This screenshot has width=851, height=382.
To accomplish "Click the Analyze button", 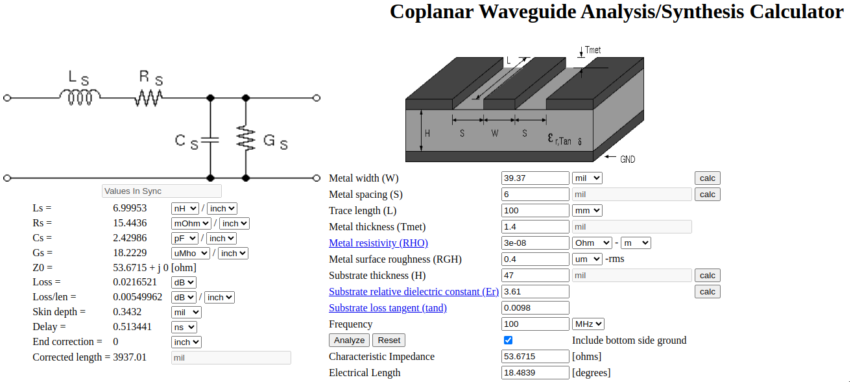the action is pyautogui.click(x=349, y=340).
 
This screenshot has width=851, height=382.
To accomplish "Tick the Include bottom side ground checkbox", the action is pyautogui.click(x=508, y=340).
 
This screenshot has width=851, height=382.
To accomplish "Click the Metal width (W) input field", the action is pyautogui.click(x=535, y=178).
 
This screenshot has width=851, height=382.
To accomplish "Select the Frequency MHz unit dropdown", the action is pyautogui.click(x=588, y=324).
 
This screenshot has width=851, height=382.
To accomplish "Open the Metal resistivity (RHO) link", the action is pyautogui.click(x=378, y=243).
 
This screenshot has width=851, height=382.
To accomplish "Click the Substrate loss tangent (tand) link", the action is pyautogui.click(x=388, y=308).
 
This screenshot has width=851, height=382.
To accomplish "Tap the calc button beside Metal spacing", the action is pyautogui.click(x=708, y=195).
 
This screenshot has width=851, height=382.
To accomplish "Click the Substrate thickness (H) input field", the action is pyautogui.click(x=535, y=275).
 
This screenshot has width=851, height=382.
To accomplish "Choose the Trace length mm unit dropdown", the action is pyautogui.click(x=588, y=210).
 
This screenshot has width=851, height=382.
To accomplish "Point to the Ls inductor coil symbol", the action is pyautogui.click(x=80, y=97).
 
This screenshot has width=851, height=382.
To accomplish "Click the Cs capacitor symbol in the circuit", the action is pyautogui.click(x=210, y=140).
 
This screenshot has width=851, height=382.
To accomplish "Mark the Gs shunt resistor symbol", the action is pyautogui.click(x=246, y=138).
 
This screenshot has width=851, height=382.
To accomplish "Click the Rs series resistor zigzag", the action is pyautogui.click(x=149, y=97).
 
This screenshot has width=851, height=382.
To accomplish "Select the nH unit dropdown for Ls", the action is pyautogui.click(x=185, y=208).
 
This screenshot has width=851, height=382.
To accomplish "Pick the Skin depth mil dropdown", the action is pyautogui.click(x=186, y=312).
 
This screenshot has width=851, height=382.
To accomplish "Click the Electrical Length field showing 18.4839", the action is pyautogui.click(x=535, y=372).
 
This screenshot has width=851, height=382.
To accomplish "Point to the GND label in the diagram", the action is pyautogui.click(x=628, y=160).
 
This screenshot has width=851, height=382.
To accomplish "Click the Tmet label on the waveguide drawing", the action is pyautogui.click(x=593, y=50).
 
